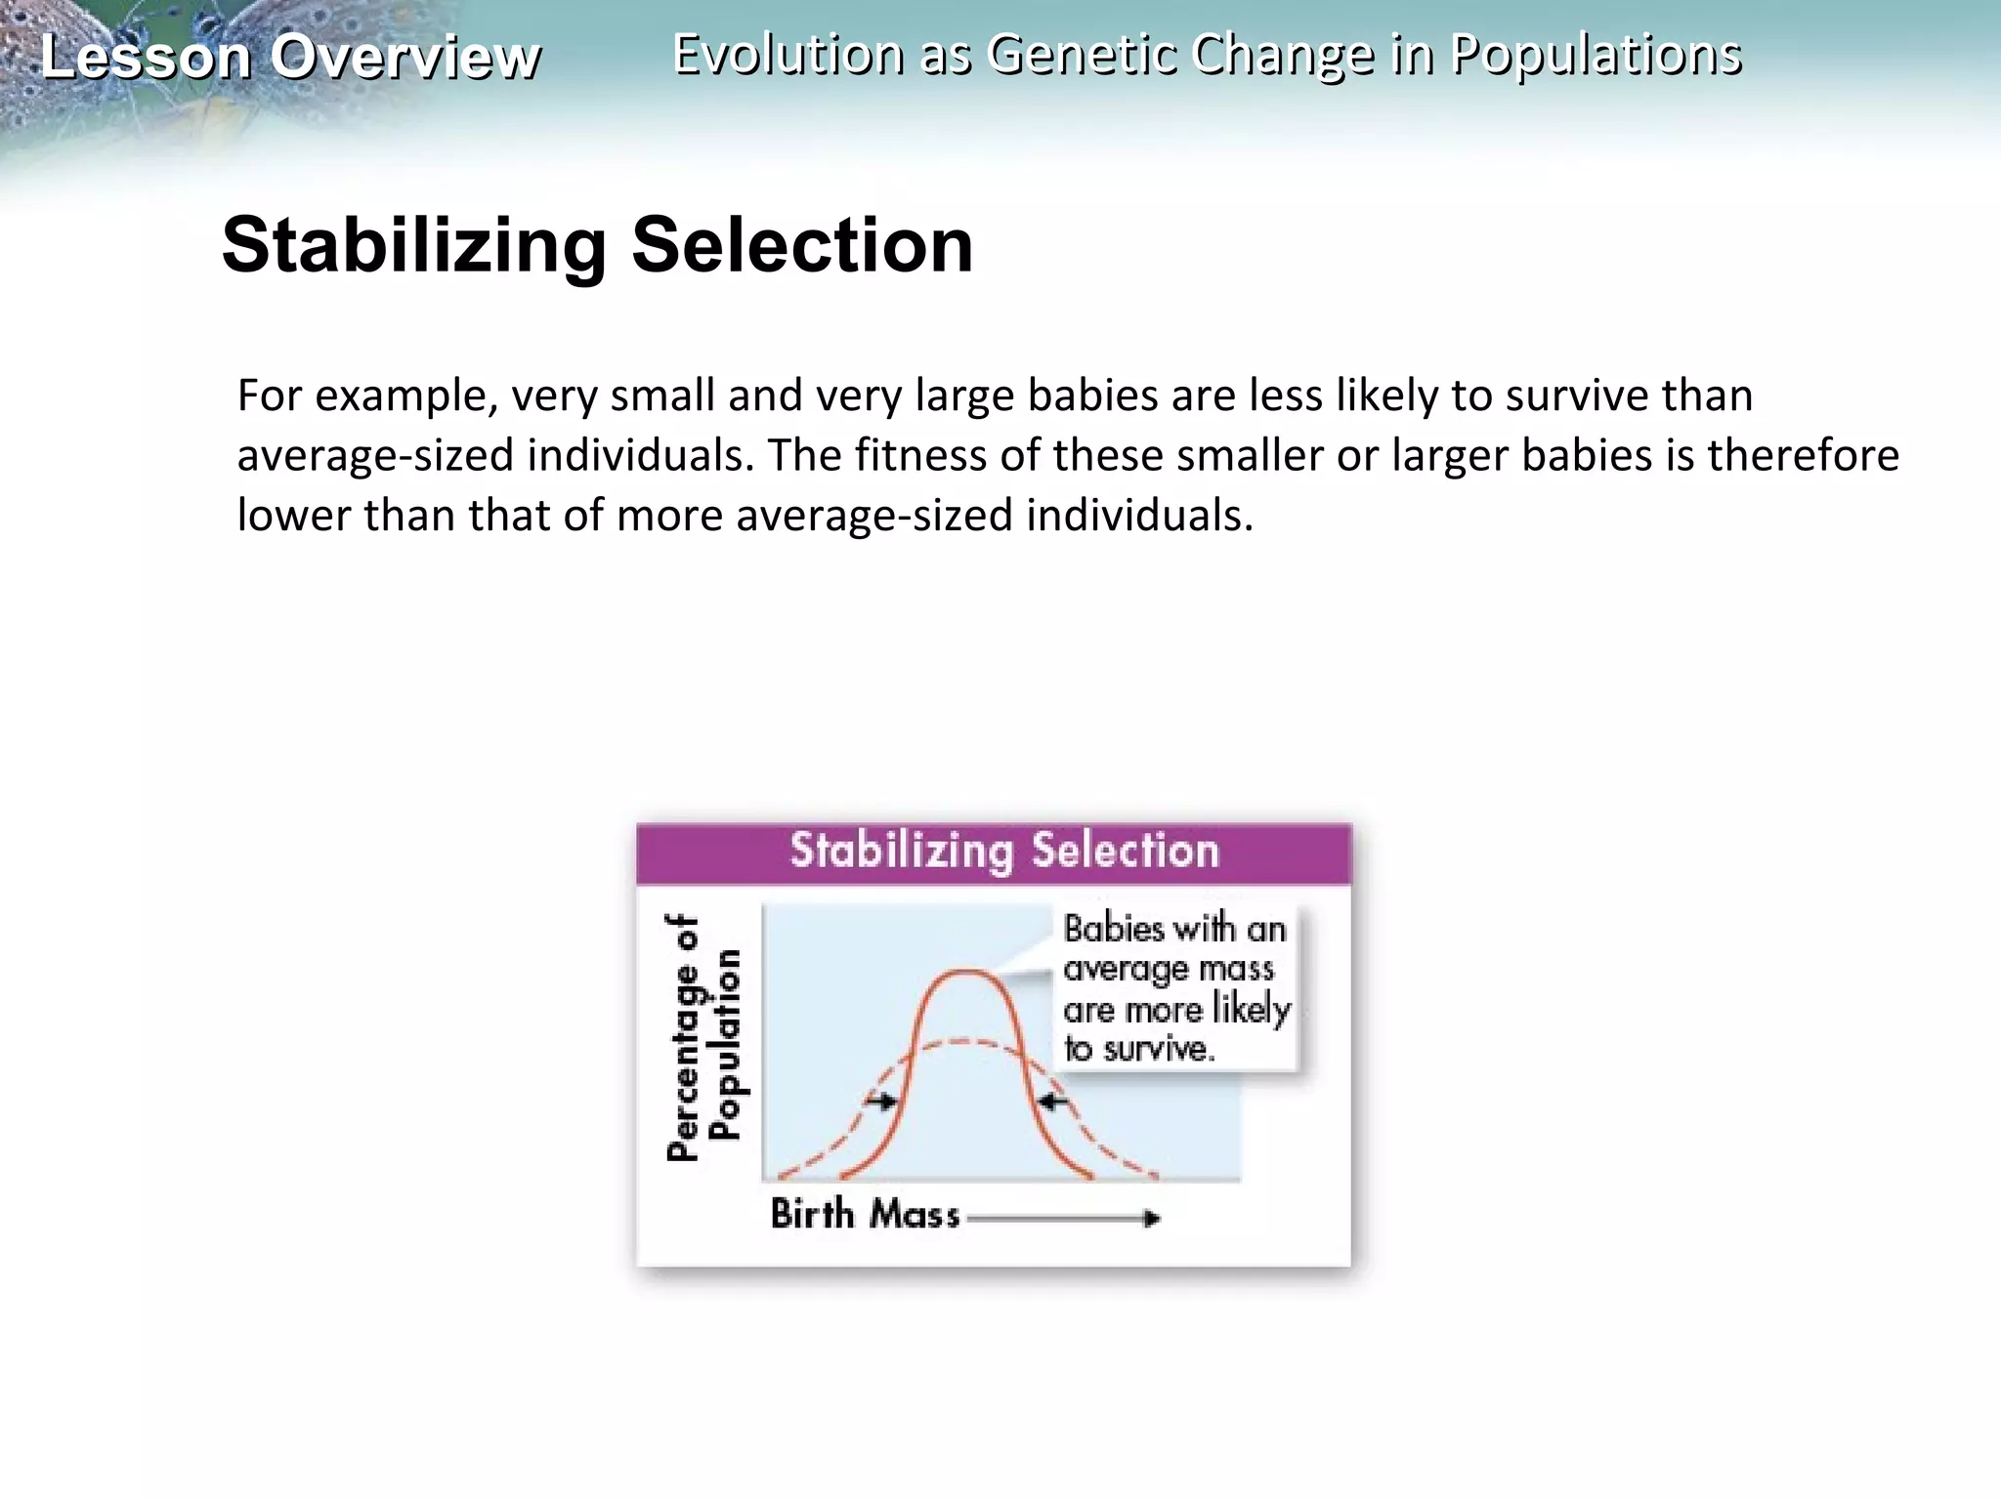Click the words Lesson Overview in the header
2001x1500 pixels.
[290, 57]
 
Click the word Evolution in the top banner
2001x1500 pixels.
[788, 54]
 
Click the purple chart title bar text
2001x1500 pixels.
[1003, 851]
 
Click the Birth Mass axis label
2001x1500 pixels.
[866, 1214]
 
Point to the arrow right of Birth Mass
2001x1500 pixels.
[1065, 1218]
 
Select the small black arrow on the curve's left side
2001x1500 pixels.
[883, 1102]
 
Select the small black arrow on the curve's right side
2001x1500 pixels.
[1052, 1102]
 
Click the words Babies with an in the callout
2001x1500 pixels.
[1174, 929]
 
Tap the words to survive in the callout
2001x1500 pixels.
[1139, 1049]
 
